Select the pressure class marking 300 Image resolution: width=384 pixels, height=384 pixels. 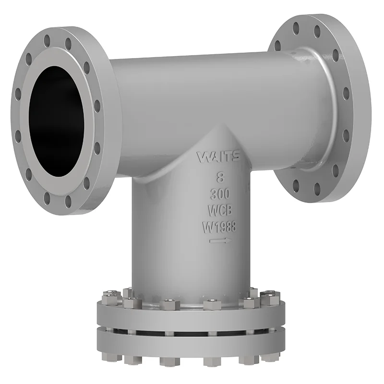coord(220,194)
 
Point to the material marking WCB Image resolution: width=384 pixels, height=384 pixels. coord(220,210)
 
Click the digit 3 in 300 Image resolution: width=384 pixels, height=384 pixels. coord(213,194)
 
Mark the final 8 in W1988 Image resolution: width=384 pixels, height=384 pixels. coord(233,227)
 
